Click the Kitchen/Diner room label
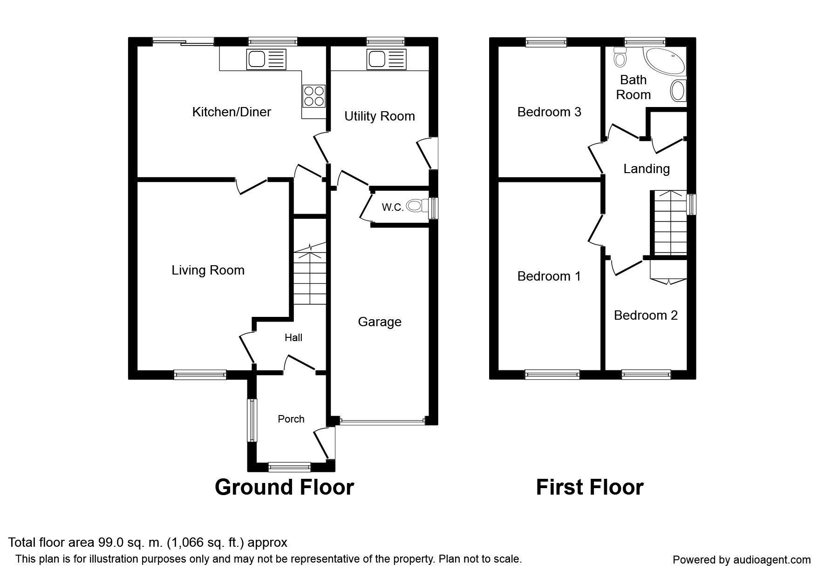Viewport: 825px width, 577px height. [232, 112]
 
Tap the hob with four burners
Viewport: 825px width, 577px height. [314, 96]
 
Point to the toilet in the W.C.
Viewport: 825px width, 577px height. [416, 205]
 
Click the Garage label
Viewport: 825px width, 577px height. [379, 322]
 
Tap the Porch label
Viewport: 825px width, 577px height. [291, 419]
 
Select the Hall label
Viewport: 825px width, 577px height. [293, 338]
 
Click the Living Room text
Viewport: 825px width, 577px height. [208, 270]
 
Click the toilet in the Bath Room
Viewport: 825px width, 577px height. [620, 57]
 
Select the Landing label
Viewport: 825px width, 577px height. [646, 169]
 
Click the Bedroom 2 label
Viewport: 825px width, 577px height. [646, 315]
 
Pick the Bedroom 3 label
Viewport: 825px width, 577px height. [549, 112]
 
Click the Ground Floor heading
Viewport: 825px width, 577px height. [284, 487]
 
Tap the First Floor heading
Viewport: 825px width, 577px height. [589, 487]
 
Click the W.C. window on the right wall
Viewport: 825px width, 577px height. [434, 208]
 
